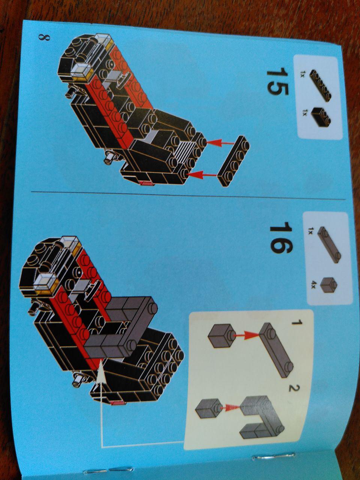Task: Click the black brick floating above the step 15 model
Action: click(x=233, y=161)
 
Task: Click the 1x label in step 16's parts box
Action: click(x=310, y=231)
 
